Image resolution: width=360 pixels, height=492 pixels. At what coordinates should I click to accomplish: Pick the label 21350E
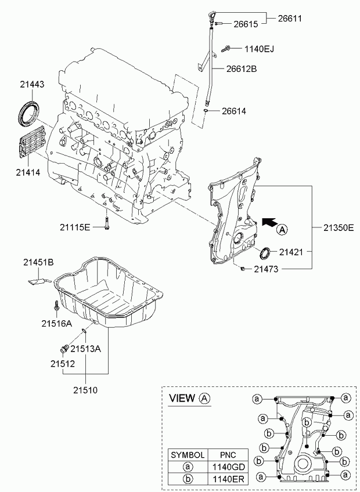pos(335,228)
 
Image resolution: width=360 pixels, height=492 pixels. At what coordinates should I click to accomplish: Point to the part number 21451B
pos(38,263)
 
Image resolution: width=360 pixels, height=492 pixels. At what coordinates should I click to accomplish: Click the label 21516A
pos(56,323)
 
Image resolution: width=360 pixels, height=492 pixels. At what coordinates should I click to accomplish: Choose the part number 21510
pos(85,390)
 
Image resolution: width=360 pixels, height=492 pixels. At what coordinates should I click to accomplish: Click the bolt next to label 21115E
pos(107,225)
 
